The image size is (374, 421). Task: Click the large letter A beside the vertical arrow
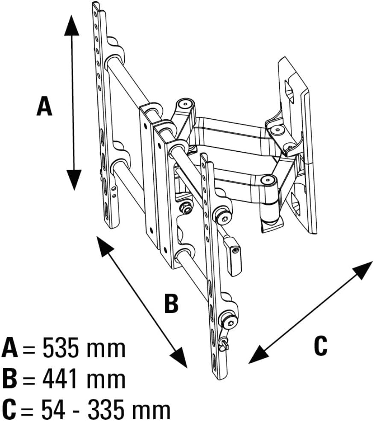tap(44, 106)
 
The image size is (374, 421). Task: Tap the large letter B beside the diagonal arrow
tap(171, 303)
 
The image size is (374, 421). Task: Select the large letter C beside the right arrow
tap(320, 345)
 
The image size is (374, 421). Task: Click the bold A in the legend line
tap(10, 348)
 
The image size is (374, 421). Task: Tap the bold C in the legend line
tap(9, 410)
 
